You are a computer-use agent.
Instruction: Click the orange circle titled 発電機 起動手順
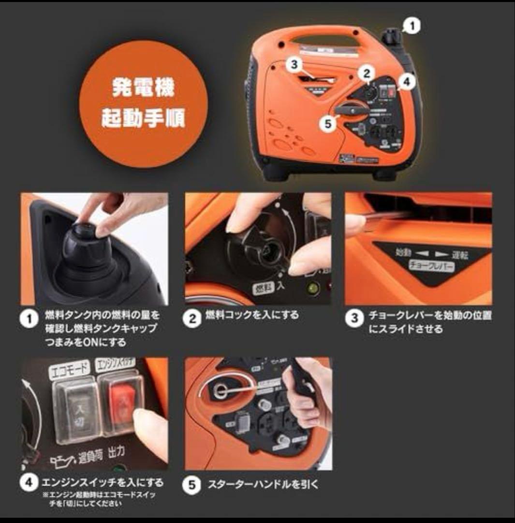click(143, 104)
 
